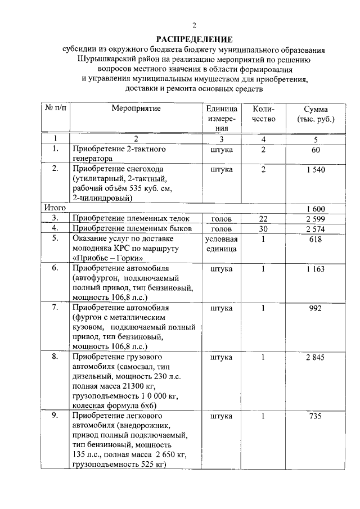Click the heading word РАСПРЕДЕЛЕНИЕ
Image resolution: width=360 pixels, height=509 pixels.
pos(194,39)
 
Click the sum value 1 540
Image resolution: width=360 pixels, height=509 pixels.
pos(315,169)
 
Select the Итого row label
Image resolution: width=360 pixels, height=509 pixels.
pos(52,208)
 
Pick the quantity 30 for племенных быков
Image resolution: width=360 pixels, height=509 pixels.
pos(263,229)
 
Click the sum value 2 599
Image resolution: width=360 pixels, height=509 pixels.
pos(315,218)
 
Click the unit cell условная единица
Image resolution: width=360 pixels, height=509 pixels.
pos(221,244)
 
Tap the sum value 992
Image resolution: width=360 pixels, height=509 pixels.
pos(315,308)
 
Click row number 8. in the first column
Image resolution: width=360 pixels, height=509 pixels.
pos(55,357)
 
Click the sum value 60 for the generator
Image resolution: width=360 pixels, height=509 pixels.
pos(315,150)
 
